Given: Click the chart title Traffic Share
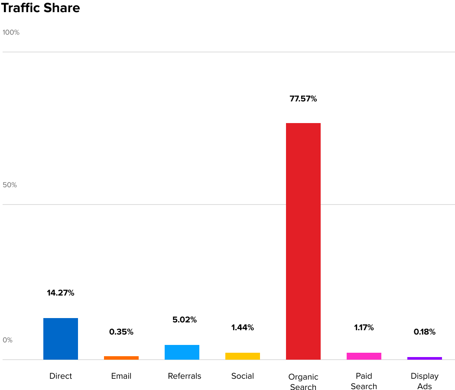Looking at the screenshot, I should click(41, 8).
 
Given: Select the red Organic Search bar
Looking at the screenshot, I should click(303, 241).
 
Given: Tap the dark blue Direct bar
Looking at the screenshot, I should click(61, 339).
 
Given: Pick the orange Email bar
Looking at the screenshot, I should click(121, 358).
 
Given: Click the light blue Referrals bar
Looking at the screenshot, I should click(182, 352).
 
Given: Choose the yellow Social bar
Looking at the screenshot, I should click(243, 356).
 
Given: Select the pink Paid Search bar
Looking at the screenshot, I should click(364, 356).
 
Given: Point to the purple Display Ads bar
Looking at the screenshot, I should click(425, 358).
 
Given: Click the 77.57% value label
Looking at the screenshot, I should click(303, 99).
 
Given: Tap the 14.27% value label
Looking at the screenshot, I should click(61, 293).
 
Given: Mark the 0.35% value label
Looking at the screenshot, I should click(121, 332).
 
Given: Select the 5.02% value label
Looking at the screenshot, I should click(185, 320).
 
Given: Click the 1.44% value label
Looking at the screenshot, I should click(243, 328).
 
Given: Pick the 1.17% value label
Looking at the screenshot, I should click(364, 328).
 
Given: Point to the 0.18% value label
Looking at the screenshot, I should click(425, 332).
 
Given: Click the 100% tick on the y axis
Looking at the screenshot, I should click(11, 32).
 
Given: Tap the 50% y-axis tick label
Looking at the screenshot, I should click(10, 185).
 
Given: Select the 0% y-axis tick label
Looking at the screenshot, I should click(8, 340).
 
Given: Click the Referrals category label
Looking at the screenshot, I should click(185, 376).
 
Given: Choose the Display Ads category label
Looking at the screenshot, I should click(425, 381).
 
